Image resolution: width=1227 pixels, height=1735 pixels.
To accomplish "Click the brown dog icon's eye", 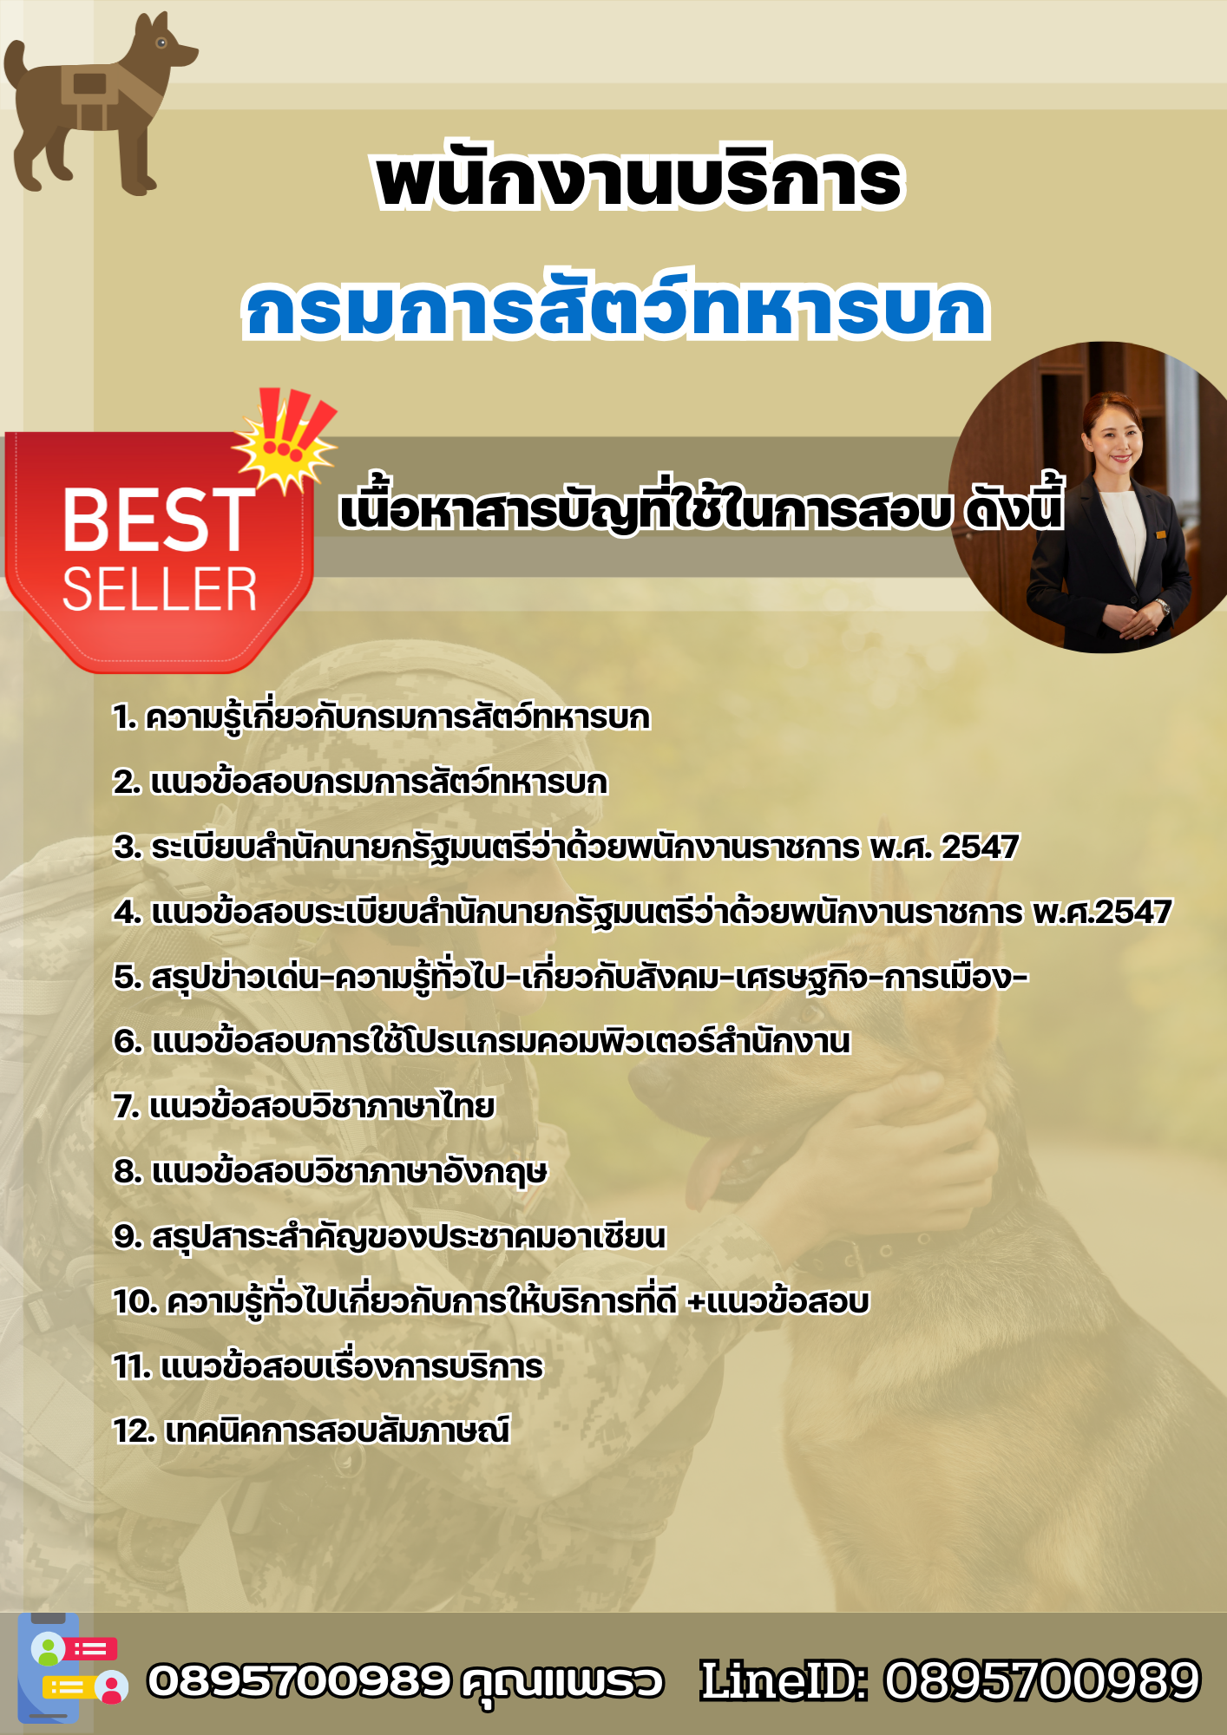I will pos(161,42).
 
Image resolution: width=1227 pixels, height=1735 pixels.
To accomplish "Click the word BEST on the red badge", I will pos(159,520).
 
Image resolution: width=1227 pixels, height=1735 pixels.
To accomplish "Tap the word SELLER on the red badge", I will pos(160,590).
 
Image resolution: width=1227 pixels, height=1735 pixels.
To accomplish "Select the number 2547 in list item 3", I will pos(980,847).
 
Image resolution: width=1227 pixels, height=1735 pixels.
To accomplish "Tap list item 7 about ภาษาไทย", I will pos(304,1107).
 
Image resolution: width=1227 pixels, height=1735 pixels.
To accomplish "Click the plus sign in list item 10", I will pos(695,1302).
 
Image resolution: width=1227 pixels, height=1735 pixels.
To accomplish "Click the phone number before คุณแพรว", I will pos(299,1680).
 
